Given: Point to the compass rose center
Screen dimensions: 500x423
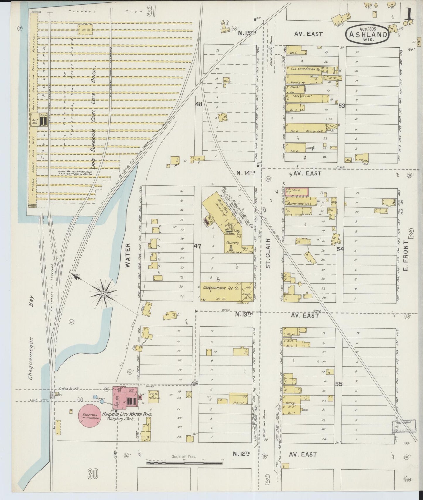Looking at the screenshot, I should coord(104,293).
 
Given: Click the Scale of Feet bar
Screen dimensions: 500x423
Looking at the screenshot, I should coord(184,463).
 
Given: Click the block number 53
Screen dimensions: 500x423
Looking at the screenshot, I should coord(342,106).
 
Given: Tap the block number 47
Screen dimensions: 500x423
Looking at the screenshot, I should coord(197,246).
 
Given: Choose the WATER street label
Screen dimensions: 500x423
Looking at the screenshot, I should coord(128,256).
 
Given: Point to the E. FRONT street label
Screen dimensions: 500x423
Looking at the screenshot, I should coord(406,256).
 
